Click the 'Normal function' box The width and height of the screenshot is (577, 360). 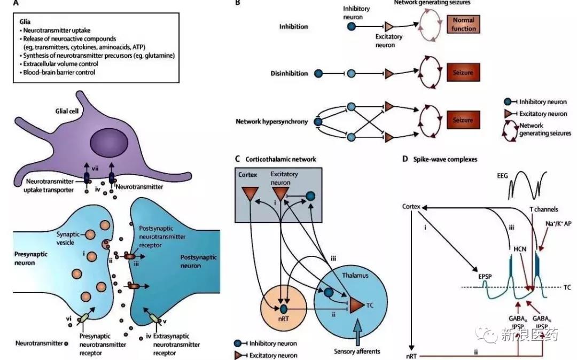tap(464, 25)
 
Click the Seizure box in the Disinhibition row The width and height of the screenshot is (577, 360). tap(464, 72)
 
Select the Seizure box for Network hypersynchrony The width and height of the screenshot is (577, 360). tap(464, 121)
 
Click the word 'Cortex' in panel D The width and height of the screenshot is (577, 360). tap(412, 206)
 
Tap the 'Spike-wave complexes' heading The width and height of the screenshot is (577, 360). tap(441, 159)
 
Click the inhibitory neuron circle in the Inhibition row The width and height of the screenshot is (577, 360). tap(352, 25)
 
